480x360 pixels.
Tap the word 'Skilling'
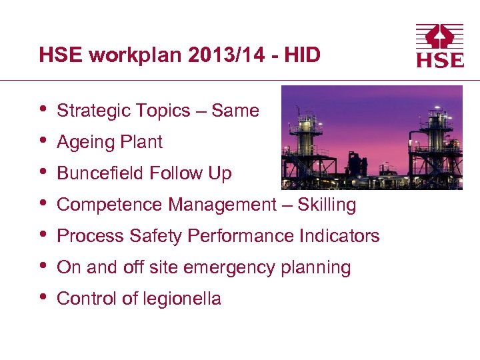[327, 205]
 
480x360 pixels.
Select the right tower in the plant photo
[434, 140]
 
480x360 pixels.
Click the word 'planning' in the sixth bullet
[320, 268]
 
